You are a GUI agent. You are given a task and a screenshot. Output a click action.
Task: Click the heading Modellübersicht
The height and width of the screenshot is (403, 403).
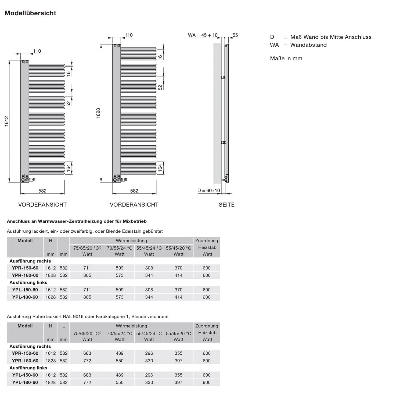(30, 13)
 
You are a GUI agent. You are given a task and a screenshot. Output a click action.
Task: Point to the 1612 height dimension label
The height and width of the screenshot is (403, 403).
(7, 121)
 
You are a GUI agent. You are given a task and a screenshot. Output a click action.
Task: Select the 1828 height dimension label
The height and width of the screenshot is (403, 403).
(98, 113)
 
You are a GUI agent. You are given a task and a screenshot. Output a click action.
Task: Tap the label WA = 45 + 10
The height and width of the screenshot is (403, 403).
(203, 35)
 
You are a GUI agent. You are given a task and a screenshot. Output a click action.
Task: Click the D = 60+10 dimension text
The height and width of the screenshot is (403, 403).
(209, 190)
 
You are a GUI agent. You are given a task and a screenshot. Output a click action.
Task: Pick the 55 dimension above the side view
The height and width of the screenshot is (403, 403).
(235, 35)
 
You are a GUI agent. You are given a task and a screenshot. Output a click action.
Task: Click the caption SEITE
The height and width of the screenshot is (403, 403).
(226, 205)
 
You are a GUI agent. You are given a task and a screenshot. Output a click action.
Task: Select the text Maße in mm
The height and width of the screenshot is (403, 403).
(286, 58)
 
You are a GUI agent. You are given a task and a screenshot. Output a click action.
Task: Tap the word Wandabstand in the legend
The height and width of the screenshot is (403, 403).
(308, 45)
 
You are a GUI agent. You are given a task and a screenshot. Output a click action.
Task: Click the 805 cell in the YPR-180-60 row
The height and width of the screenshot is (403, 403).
(87, 275)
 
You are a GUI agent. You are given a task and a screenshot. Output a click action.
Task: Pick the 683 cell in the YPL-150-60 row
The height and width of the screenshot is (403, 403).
(87, 375)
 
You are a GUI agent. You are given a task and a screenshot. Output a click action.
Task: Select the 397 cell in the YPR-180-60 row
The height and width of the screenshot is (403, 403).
(178, 361)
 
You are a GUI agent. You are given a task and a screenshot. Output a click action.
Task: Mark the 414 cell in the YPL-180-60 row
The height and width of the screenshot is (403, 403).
(178, 297)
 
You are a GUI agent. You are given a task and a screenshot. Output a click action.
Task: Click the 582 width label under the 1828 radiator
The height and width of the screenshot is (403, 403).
(134, 191)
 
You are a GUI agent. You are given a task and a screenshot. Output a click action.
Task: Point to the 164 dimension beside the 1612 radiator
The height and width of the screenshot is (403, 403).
(69, 168)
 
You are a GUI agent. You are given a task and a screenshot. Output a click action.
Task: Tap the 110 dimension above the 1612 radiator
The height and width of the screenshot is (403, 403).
(37, 51)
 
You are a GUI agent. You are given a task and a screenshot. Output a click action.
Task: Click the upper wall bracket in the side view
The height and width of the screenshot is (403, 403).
(223, 77)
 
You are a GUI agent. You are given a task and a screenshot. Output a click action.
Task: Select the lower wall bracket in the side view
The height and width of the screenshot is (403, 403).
(223, 142)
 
